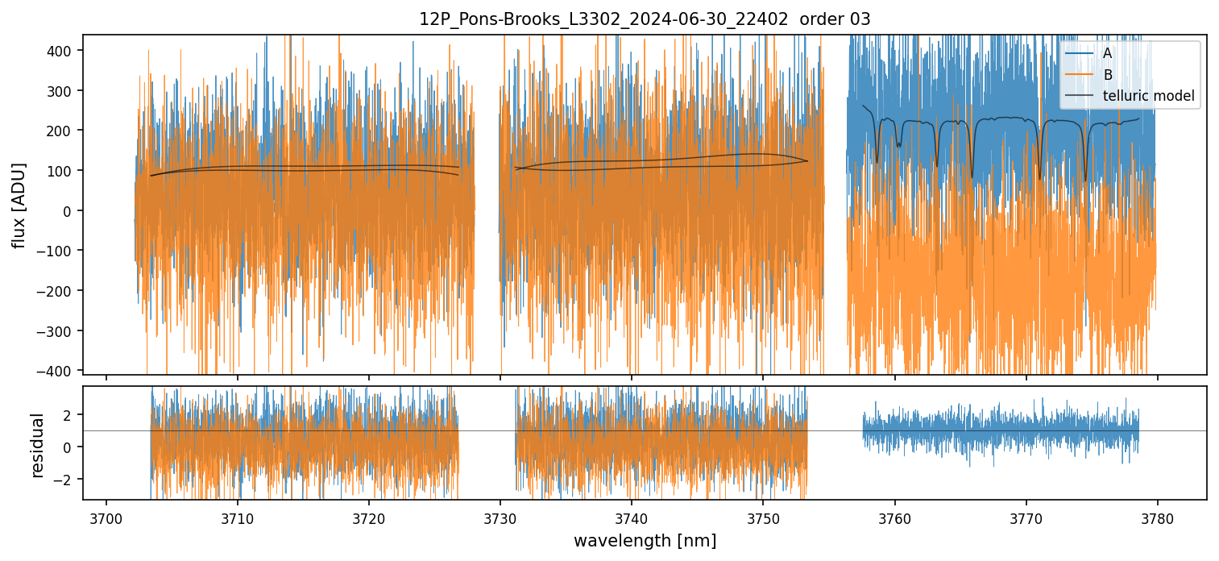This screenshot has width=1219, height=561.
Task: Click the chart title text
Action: [645, 19]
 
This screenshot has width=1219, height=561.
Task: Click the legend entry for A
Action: [1107, 54]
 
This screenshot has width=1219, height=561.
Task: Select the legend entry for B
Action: [1107, 75]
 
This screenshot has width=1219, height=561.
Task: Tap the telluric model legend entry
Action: [1148, 97]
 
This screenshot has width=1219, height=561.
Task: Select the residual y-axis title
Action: [37, 445]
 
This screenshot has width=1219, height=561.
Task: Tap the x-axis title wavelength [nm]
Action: [645, 540]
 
